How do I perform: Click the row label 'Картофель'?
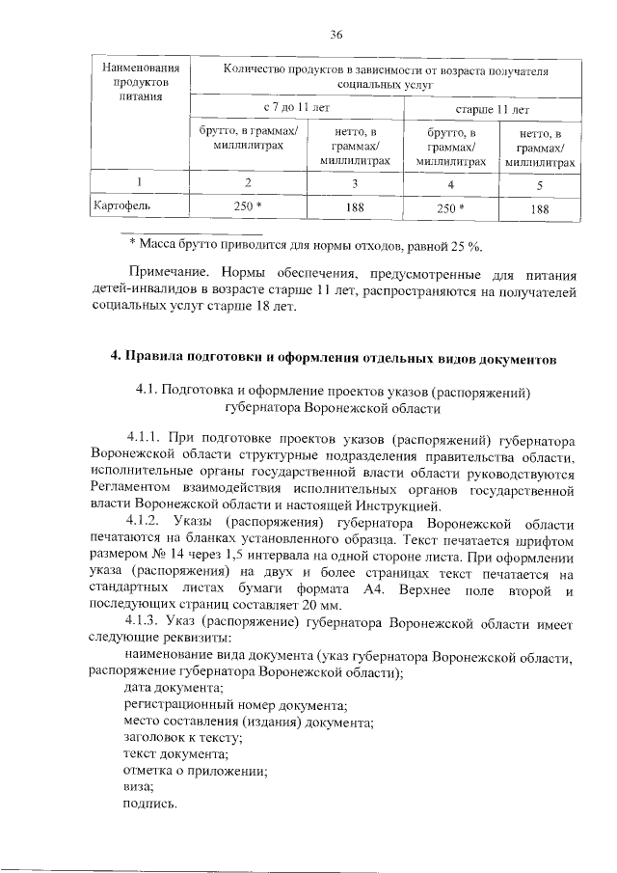click(x=121, y=206)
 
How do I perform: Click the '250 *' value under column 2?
click(x=249, y=206)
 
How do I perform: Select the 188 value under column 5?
click(x=540, y=206)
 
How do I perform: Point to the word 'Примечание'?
click(x=167, y=272)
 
